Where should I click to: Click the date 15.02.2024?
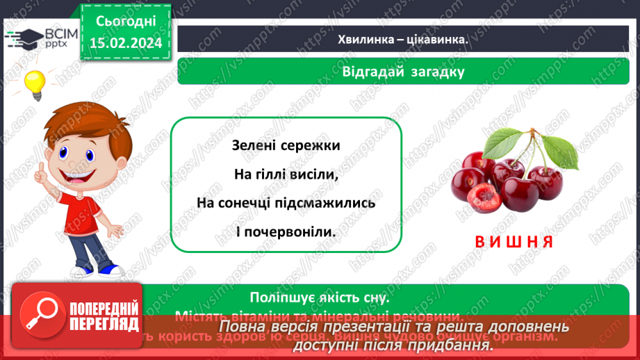125,43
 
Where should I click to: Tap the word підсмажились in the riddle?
330,204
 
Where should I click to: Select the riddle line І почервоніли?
286,233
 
